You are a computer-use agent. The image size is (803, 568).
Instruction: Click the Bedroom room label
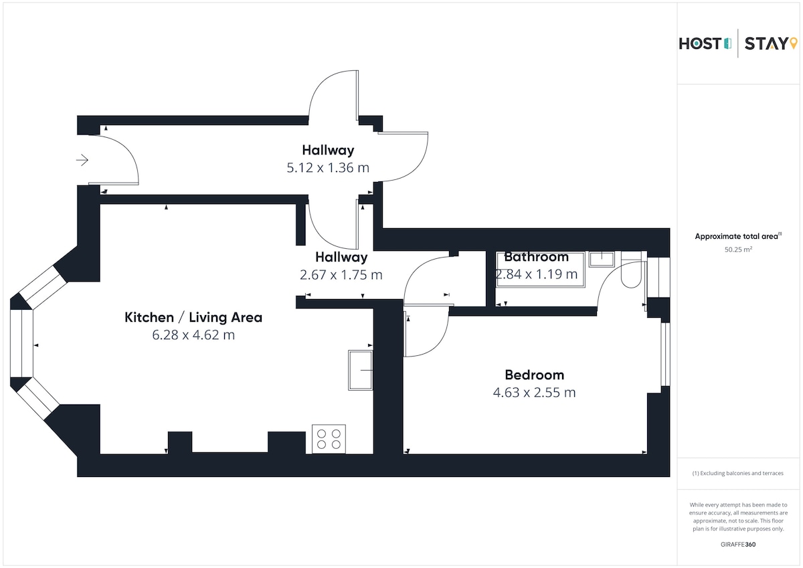(534, 375)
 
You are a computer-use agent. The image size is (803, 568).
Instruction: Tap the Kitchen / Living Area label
(193, 318)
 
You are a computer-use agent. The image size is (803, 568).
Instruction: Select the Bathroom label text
(536, 257)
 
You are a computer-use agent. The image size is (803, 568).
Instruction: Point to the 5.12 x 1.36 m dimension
(328, 168)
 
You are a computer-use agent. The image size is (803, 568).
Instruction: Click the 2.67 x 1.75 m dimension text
(341, 275)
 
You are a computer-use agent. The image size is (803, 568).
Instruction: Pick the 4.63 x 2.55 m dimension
(534, 393)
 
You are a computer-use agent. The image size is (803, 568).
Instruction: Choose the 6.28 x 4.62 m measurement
(193, 335)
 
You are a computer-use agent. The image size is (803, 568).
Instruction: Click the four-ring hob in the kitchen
(329, 439)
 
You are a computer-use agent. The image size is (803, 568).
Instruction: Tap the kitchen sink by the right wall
(361, 370)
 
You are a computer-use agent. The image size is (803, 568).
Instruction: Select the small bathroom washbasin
(602, 259)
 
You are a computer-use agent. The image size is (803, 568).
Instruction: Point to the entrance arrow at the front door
(82, 160)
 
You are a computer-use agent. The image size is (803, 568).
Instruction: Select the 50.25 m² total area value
(738, 250)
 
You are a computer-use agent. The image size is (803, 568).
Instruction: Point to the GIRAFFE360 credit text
(738, 545)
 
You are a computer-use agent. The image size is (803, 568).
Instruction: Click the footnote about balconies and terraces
(737, 473)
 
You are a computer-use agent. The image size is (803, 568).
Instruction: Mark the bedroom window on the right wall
(665, 355)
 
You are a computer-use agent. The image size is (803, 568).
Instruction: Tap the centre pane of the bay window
(21, 343)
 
